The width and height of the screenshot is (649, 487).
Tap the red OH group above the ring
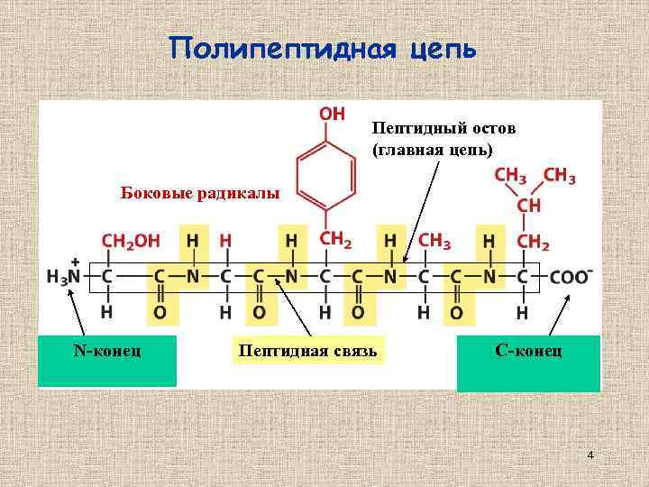[333, 115]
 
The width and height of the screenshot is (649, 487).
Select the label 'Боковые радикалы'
[200, 192]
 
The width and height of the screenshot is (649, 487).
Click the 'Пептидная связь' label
[307, 349]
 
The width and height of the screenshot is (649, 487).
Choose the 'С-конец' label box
[528, 349]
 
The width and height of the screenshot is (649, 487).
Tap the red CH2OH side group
[131, 242]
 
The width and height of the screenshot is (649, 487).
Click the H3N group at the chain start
[64, 277]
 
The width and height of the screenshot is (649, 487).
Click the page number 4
[590, 455]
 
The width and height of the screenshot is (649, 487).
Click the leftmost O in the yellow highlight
[160, 312]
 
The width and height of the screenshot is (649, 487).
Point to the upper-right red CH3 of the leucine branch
[560, 177]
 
